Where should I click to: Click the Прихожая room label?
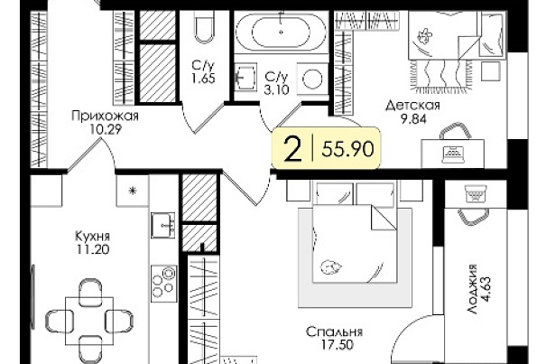click(x=105, y=117)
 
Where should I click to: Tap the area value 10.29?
click(x=106, y=130)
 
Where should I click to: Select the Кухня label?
click(x=93, y=237)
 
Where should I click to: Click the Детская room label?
click(x=413, y=106)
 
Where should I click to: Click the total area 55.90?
click(x=347, y=149)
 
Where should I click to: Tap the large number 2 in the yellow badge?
click(x=292, y=149)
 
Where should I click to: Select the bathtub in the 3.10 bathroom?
click(x=282, y=33)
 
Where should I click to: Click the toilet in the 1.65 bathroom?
click(x=204, y=27)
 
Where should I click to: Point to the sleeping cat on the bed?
click(x=330, y=267)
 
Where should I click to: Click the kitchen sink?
click(x=163, y=226)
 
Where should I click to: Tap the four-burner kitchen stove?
click(x=163, y=283)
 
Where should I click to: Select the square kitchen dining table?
click(x=89, y=321)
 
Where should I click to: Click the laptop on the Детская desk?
click(x=453, y=154)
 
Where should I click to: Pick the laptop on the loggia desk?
click(x=476, y=194)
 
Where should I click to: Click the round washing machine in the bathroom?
click(x=312, y=79)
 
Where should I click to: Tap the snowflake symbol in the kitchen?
click(x=133, y=191)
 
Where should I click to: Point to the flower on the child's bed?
click(x=424, y=35)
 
